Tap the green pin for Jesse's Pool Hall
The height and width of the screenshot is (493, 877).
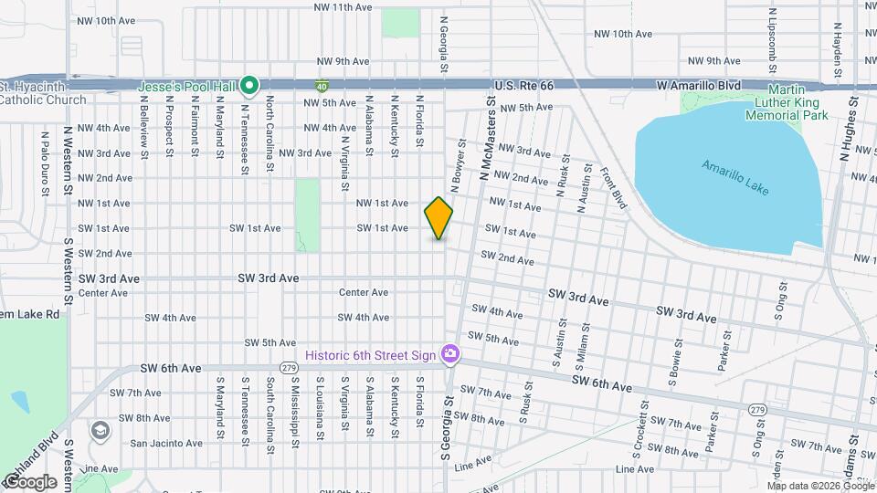click(250, 87)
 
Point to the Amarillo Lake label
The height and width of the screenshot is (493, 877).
click(735, 178)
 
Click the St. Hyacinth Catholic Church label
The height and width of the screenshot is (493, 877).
click(42, 92)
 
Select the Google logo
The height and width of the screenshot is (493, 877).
click(29, 482)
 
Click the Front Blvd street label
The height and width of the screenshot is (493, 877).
click(612, 188)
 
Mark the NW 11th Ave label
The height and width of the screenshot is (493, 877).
click(343, 7)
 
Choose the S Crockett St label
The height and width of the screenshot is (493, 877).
click(637, 433)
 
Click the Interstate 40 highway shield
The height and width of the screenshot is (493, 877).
click(322, 87)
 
